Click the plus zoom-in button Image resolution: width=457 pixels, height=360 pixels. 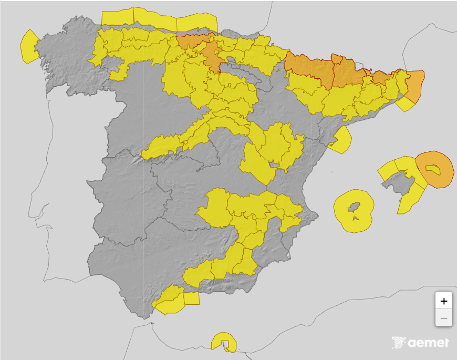[444, 301]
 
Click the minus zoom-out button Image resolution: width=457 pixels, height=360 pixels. [444, 318]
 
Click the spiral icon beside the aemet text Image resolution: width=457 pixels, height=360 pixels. [399, 343]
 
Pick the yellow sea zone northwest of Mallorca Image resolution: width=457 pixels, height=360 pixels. [387, 169]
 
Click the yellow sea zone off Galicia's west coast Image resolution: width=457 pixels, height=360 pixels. [28, 46]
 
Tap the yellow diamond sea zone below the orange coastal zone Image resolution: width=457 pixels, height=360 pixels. [405, 104]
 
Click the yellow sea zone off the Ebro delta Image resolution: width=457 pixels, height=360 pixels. [341, 139]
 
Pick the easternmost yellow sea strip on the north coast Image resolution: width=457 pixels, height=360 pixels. [196, 23]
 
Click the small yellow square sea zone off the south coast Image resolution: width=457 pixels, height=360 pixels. [192, 298]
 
